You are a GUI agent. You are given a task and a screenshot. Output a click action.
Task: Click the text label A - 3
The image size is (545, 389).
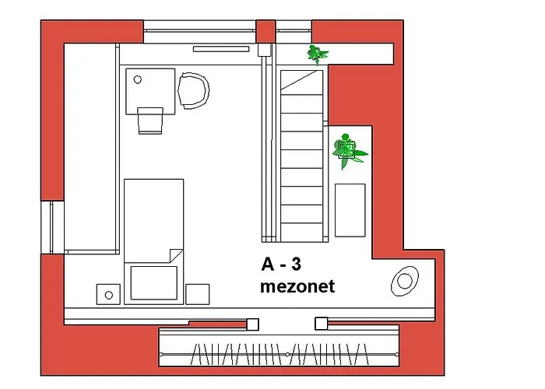[281, 265]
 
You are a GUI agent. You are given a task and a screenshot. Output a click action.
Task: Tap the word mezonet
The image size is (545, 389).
[297, 286]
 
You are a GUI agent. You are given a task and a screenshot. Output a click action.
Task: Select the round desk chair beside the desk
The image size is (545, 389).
[194, 91]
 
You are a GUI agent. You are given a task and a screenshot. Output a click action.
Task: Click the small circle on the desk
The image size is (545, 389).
[138, 79]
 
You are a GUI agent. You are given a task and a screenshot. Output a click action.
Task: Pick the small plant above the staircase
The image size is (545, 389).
[317, 54]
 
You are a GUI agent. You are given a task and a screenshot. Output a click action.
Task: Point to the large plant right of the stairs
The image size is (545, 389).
[348, 151]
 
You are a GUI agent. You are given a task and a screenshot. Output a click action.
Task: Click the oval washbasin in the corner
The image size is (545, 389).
[405, 281]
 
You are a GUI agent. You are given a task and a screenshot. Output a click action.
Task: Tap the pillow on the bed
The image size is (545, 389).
[154, 282]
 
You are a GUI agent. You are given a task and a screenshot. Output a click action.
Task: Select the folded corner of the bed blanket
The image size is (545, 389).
[176, 256]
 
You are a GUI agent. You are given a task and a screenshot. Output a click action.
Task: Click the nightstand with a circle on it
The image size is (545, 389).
[108, 295]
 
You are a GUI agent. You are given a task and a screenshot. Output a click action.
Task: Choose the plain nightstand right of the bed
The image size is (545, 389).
[198, 294]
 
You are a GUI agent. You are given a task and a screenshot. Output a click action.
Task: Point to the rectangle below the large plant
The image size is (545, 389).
[350, 210]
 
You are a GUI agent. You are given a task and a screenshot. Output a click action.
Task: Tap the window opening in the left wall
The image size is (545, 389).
[52, 227]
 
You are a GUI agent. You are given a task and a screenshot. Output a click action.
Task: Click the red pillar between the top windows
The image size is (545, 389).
[266, 32]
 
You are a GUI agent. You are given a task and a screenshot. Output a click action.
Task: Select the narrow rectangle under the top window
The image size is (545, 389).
[221, 49]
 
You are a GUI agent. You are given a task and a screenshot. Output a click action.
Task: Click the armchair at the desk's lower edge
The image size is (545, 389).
[150, 121]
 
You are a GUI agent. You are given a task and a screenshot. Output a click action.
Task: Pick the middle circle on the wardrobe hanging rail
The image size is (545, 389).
[287, 354]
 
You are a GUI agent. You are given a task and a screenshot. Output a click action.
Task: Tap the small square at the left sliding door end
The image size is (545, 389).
[253, 324]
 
